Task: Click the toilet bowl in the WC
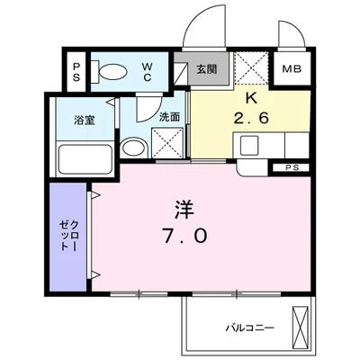click(x=112, y=73)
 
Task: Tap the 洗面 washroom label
click(x=170, y=117)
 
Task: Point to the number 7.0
click(x=184, y=237)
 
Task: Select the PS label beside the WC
click(x=77, y=71)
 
